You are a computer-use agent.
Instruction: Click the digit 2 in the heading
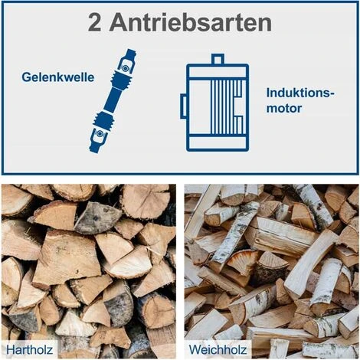[97, 23]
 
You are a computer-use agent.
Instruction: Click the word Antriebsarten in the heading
[190, 23]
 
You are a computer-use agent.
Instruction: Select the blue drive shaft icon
[113, 100]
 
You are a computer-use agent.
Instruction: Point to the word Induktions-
[301, 93]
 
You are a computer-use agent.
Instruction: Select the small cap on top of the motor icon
[218, 59]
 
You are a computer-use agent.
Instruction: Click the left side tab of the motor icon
[184, 106]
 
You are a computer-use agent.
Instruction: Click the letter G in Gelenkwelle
[26, 77]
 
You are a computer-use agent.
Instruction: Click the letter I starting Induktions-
[268, 93]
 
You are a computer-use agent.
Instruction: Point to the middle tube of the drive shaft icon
[112, 100]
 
